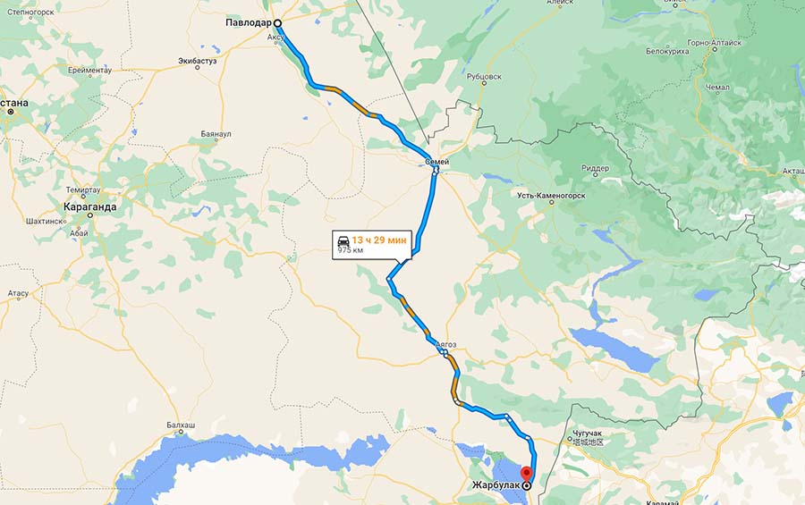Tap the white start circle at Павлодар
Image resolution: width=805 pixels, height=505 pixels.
tap(277, 24)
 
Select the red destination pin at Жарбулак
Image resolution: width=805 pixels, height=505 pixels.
tap(526, 473)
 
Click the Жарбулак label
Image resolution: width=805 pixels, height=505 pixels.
tap(496, 485)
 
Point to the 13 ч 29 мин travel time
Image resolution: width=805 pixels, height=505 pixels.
tap(380, 240)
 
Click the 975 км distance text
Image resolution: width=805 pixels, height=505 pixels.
tap(350, 251)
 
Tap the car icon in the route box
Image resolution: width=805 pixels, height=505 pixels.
tap(343, 240)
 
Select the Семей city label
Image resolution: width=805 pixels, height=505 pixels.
tap(436, 161)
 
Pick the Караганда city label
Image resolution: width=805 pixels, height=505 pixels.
tap(89, 206)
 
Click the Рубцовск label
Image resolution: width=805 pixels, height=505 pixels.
tap(484, 77)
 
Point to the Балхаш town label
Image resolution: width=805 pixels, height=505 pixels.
tap(181, 425)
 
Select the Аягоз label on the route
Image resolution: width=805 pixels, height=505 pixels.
tap(445, 343)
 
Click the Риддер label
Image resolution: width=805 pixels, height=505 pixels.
tap(595, 168)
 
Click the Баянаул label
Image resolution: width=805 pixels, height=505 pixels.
tap(216, 134)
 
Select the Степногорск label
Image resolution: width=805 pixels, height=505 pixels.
tap(32, 13)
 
